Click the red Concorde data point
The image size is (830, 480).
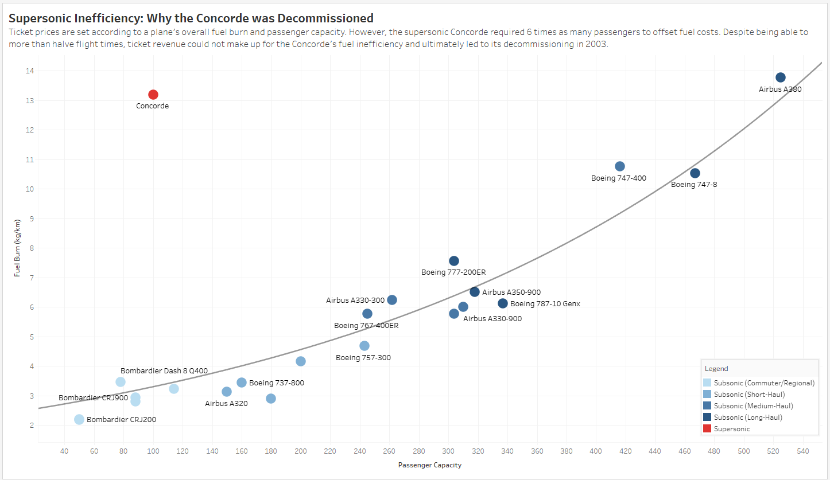[x=153, y=95]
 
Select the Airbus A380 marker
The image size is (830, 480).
[x=781, y=77]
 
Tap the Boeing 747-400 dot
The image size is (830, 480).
[x=620, y=166]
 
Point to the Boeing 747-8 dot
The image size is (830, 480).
[x=695, y=173]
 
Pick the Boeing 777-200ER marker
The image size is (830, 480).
[x=454, y=261]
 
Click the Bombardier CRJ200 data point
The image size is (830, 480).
[x=79, y=419]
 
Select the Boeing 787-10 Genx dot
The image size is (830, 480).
[x=503, y=303]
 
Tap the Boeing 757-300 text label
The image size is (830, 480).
[x=363, y=358]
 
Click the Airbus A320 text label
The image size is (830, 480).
[x=226, y=404]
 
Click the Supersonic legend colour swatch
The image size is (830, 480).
[x=707, y=429]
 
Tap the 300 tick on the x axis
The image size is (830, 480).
[x=448, y=451]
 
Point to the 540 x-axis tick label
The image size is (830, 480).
[x=803, y=451]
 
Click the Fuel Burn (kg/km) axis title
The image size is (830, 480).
[x=18, y=248]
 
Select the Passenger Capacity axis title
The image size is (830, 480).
[x=429, y=465]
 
